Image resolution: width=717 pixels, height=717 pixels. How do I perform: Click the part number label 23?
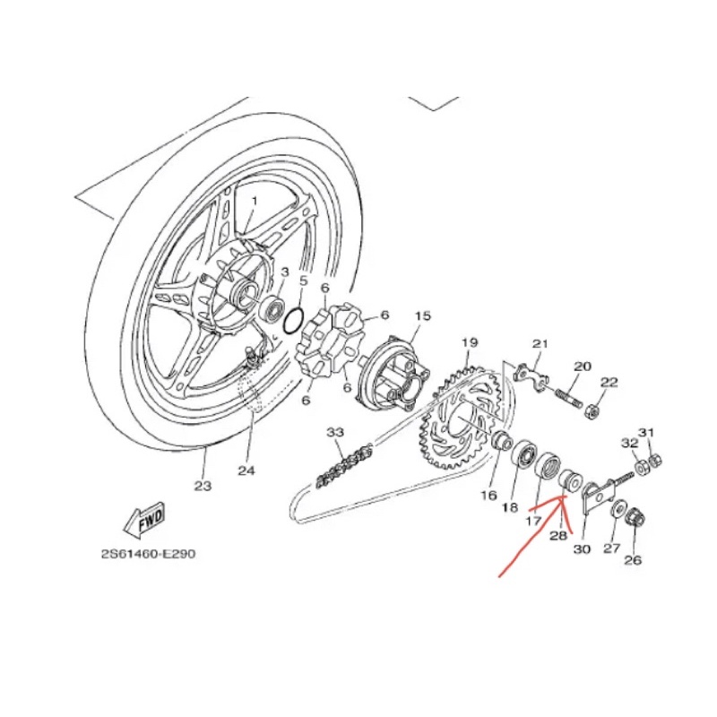coord(203,487)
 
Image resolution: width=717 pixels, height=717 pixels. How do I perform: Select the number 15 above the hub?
coord(423,315)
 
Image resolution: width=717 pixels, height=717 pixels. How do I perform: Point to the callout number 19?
coord(470,343)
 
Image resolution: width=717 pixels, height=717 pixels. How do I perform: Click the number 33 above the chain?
coord(334,433)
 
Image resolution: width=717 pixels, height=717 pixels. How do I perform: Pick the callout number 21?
coord(540,344)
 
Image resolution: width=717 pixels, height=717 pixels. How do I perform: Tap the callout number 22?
coord(609,383)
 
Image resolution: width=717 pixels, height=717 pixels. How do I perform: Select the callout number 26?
coord(633,562)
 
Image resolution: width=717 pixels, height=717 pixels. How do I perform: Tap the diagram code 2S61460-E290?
coord(148,553)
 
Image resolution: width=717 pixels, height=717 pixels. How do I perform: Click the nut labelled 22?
coord(592,411)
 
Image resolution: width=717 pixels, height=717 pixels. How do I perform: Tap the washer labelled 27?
coord(619,510)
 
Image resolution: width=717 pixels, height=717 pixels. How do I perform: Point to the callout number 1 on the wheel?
coord(254,201)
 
